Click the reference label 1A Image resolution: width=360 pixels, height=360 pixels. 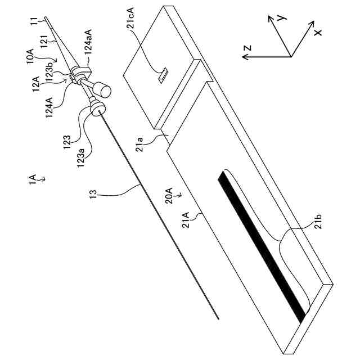(34, 179)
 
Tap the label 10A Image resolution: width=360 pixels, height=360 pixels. (35, 56)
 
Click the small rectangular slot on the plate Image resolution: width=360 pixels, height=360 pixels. (163, 74)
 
